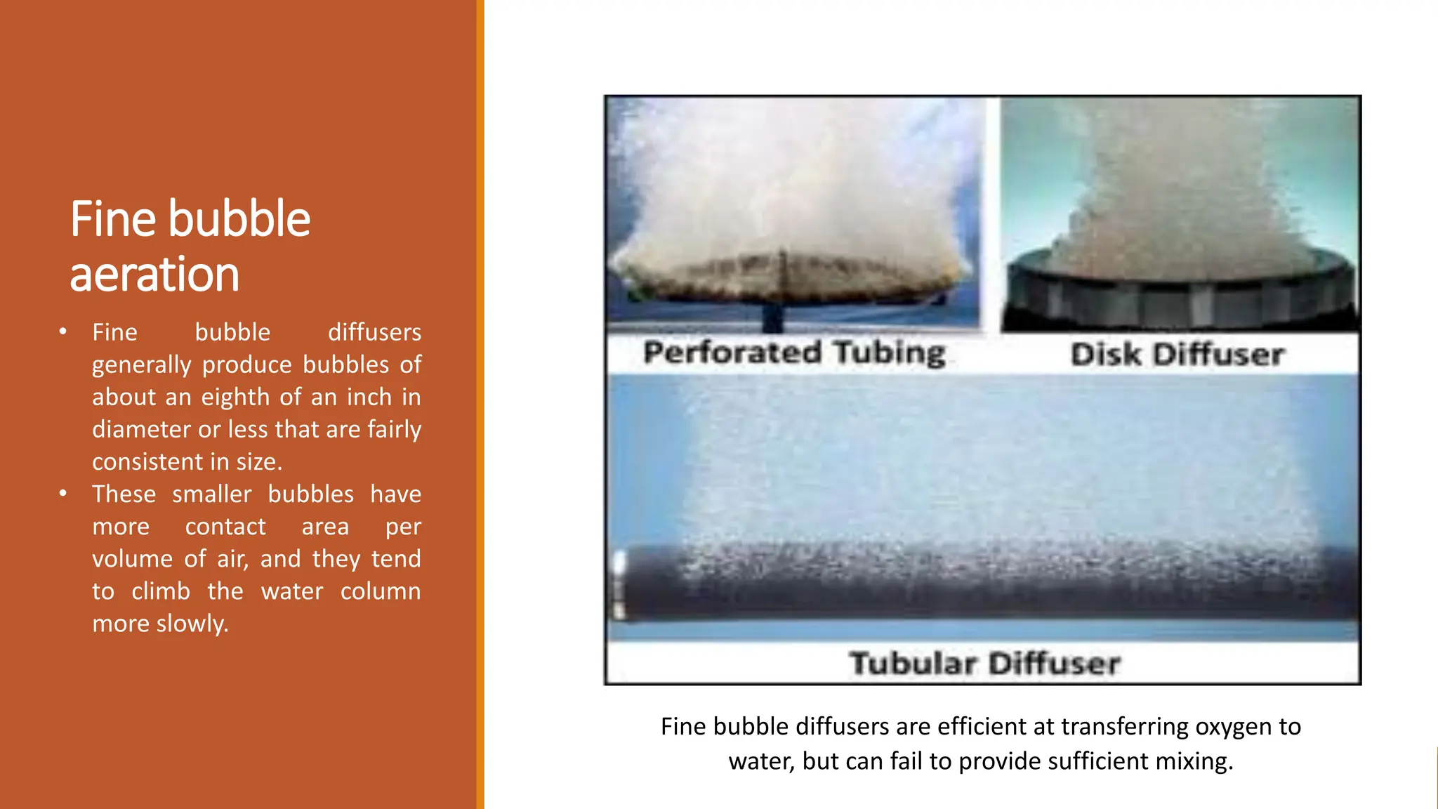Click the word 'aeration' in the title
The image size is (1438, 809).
pyautogui.click(x=154, y=274)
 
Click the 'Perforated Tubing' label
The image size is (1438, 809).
pyautogui.click(x=794, y=353)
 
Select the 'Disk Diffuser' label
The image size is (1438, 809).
pyautogui.click(x=1178, y=355)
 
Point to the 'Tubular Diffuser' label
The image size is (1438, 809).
pyautogui.click(x=984, y=664)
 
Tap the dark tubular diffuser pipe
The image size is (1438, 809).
pyautogui.click(x=983, y=590)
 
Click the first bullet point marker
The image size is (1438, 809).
pyautogui.click(x=63, y=331)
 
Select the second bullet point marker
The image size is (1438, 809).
pyautogui.click(x=63, y=494)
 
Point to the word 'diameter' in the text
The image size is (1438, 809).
pyautogui.click(x=140, y=430)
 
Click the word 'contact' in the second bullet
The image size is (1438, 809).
pyautogui.click(x=225, y=527)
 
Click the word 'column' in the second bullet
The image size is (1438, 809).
pyautogui.click(x=381, y=591)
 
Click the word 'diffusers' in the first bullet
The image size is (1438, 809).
pyautogui.click(x=374, y=332)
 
